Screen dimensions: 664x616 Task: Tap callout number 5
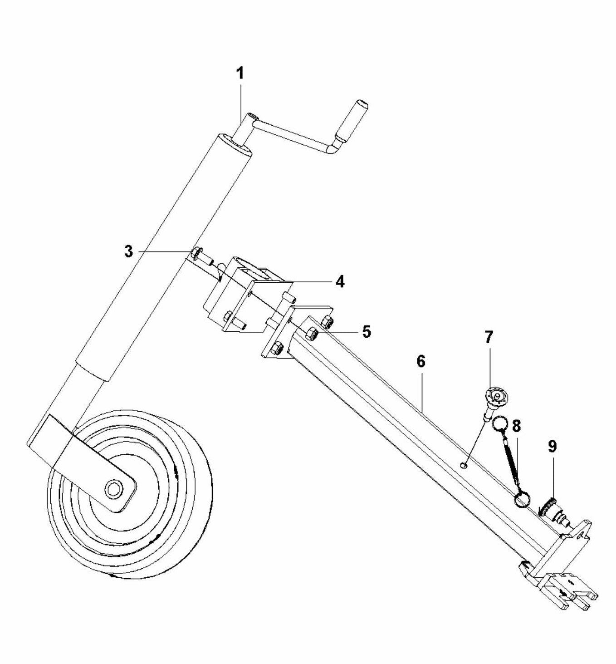[x=366, y=331]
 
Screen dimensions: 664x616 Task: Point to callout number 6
[x=420, y=362]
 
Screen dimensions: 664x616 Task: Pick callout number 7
[x=489, y=337]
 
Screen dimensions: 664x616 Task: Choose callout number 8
[x=516, y=426]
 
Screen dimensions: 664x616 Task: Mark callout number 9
[x=552, y=447]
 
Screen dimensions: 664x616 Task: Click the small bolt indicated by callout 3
[x=197, y=253]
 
